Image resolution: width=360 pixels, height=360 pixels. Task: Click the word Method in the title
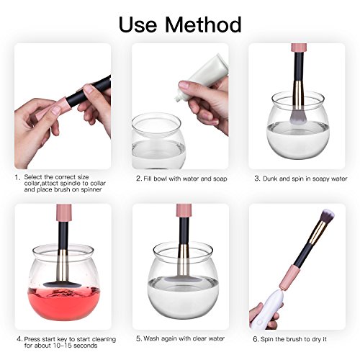(x=203, y=24)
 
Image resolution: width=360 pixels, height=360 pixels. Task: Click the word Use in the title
(x=138, y=24)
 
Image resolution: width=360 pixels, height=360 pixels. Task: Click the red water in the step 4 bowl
(x=63, y=304)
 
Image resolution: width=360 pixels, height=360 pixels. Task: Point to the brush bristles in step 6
(x=326, y=215)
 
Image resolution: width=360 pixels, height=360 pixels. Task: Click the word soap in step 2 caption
(x=220, y=179)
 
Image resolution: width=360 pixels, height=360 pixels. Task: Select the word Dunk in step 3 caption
(x=270, y=179)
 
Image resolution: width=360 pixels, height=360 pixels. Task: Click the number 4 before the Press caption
(x=19, y=339)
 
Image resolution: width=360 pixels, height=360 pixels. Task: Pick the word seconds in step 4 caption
(x=86, y=346)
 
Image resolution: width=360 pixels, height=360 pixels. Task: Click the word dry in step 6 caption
(x=316, y=339)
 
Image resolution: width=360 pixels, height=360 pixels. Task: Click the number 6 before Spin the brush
(x=256, y=339)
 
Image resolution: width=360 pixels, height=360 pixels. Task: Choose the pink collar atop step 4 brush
(x=64, y=212)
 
